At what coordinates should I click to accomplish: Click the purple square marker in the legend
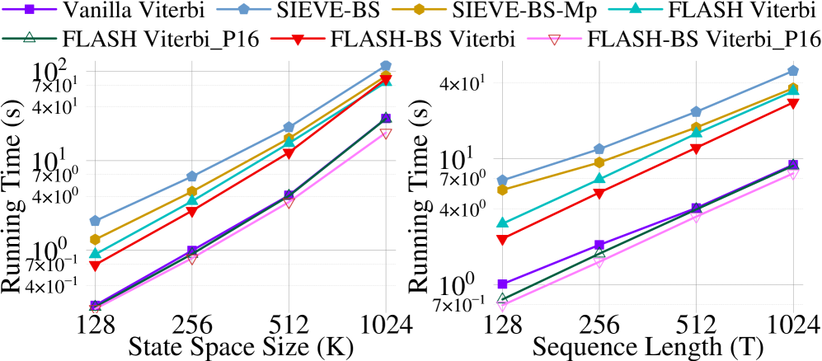[30, 9]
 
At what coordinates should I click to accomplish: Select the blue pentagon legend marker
[244, 9]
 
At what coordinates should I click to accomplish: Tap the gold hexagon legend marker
[419, 9]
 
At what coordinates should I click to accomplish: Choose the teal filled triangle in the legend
[635, 8]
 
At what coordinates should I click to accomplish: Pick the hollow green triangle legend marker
[30, 37]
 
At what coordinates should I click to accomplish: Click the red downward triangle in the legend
[298, 39]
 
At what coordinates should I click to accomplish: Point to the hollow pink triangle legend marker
[554, 39]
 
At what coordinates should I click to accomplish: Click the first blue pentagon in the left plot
[96, 221]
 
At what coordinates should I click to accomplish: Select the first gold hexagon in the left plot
[96, 239]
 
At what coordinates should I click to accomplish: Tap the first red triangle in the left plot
[96, 266]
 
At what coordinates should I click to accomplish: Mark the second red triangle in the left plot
[192, 213]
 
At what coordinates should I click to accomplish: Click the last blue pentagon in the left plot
[386, 66]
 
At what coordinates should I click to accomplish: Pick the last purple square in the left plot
[386, 118]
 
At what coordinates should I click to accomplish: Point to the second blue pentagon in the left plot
[192, 176]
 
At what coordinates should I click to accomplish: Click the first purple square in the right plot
[502, 284]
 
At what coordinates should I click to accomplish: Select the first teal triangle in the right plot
[502, 222]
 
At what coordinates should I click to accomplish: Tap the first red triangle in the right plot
[502, 241]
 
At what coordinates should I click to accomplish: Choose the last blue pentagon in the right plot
[792, 71]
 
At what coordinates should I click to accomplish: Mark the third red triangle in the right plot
[696, 149]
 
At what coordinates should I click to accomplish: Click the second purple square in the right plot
[599, 245]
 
